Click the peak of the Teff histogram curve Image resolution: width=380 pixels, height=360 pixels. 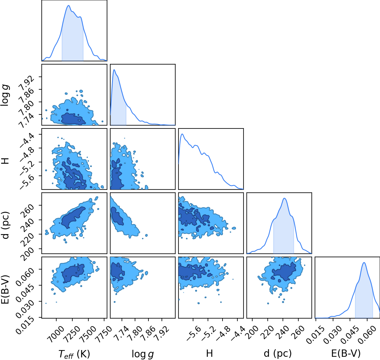tap(69, 6)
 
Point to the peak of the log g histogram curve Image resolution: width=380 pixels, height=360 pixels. tap(114, 70)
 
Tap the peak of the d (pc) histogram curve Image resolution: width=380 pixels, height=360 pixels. tap(284, 198)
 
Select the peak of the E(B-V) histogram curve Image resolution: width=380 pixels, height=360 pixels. tap(364, 263)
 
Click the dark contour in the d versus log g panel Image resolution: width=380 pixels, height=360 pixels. tap(117, 216)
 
